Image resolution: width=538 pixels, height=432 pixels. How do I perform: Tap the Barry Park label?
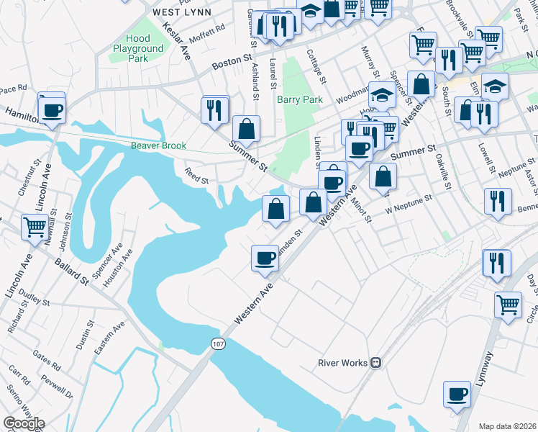[301, 99]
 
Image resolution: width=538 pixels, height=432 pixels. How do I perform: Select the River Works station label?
[342, 363]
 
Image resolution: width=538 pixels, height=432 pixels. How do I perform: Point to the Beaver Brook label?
[158, 145]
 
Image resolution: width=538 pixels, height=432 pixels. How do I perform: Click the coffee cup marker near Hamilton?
[52, 111]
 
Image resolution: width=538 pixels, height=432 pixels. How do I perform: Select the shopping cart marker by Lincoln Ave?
[35, 228]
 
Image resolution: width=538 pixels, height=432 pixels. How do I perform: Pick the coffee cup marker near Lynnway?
[457, 395]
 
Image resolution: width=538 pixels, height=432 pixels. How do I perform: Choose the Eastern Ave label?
[109, 338]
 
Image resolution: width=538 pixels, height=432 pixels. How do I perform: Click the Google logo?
[24, 423]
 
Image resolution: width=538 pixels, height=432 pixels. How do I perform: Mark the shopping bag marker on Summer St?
[246, 130]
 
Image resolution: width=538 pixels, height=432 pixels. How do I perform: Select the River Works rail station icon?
[375, 363]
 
